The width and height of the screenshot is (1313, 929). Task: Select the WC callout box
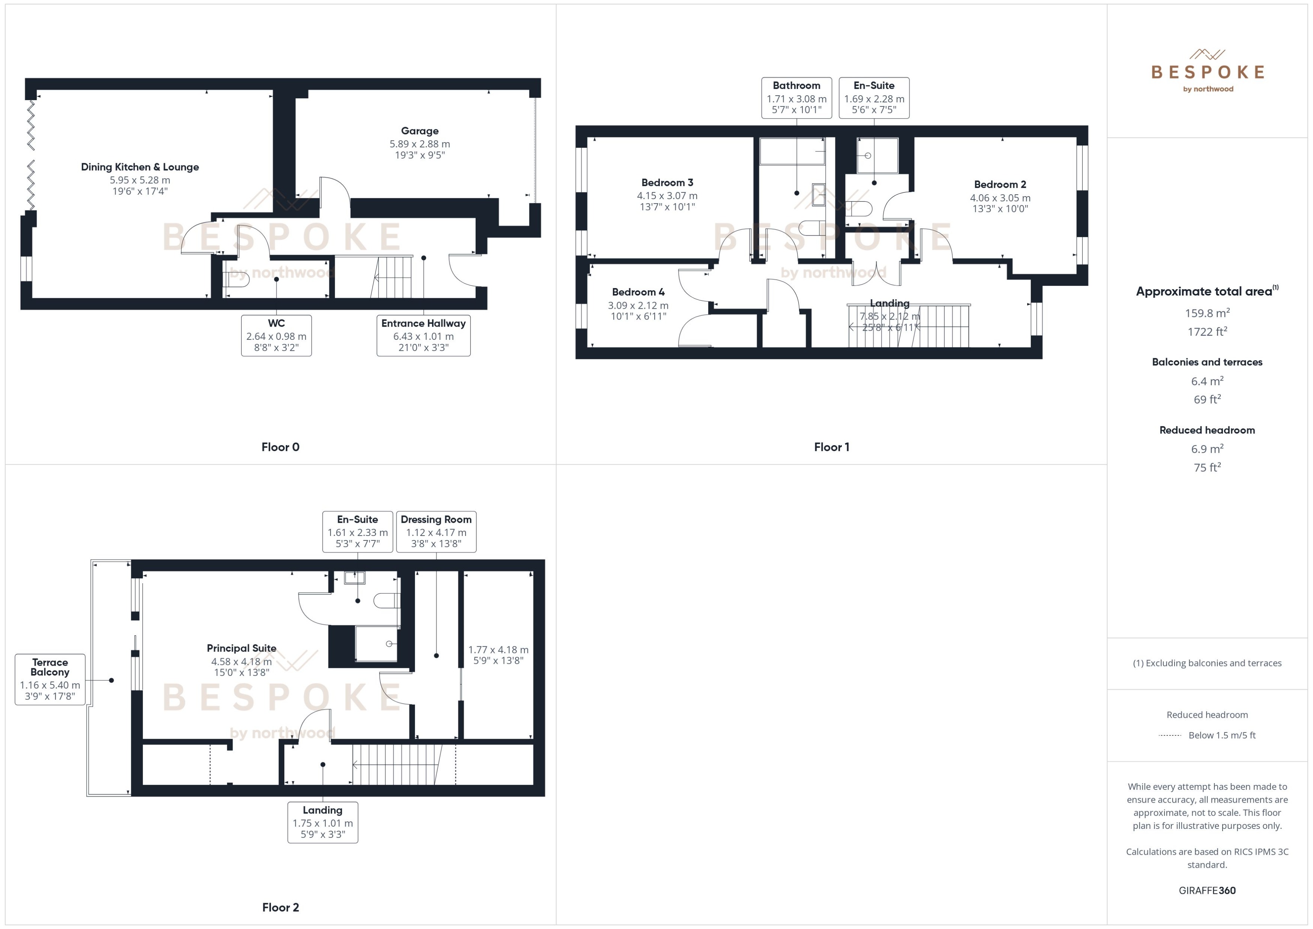pos(276,336)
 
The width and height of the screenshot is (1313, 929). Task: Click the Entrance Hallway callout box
pos(424,336)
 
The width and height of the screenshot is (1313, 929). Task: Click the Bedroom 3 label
pos(667,183)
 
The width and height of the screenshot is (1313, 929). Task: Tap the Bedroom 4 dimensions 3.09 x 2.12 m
pos(638,305)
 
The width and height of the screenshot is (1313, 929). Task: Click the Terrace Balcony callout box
pos(50,680)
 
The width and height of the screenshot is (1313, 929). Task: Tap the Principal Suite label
pos(242,648)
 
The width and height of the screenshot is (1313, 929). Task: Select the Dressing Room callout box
pos(436,531)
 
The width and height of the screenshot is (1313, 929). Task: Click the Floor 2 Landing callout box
pos(323,822)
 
